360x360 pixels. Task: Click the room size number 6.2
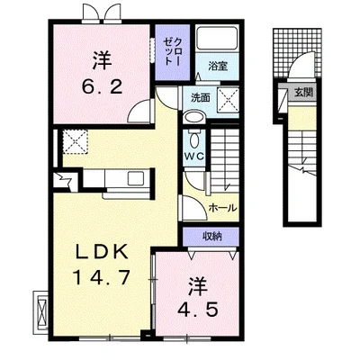click(x=103, y=86)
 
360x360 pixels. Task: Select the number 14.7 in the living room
click(x=102, y=277)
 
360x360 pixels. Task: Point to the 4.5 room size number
click(x=197, y=309)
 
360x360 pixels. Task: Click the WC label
click(x=194, y=156)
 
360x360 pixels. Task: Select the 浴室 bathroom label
click(x=218, y=66)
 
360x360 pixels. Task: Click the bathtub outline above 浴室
click(x=217, y=39)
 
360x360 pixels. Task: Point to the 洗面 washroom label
click(x=201, y=98)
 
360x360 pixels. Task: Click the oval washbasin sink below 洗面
click(x=194, y=117)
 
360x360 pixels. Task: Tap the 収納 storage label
click(x=211, y=237)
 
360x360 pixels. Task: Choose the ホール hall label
click(x=222, y=207)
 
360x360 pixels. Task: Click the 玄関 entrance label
click(x=303, y=93)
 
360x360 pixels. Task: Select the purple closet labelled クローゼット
click(x=173, y=52)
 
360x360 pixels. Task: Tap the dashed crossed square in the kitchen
click(x=75, y=141)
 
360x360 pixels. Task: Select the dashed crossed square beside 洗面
click(x=228, y=99)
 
